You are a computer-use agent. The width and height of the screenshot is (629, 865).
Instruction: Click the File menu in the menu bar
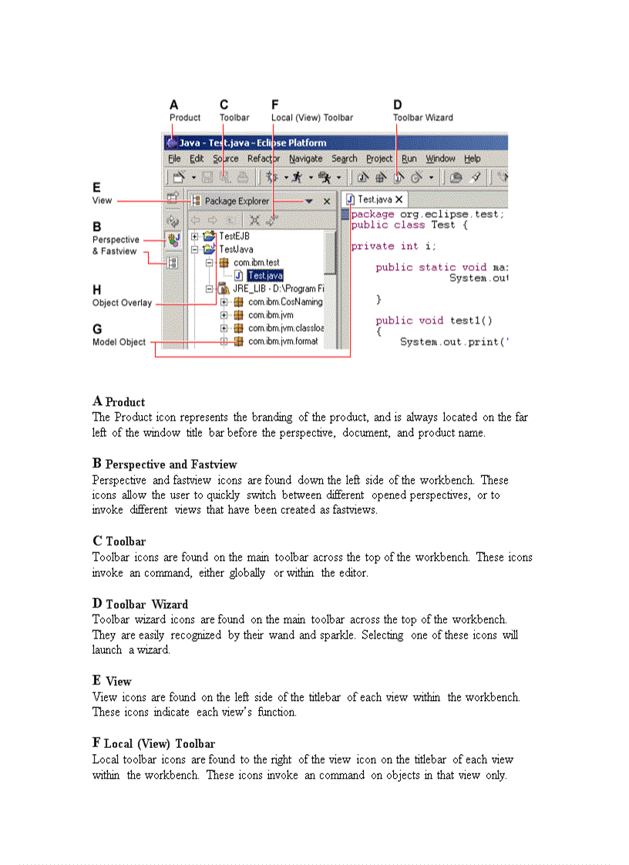click(174, 159)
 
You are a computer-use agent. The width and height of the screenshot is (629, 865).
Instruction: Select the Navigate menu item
click(305, 159)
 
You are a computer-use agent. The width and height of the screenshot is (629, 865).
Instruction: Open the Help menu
click(472, 159)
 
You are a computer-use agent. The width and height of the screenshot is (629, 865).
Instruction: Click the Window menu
click(440, 159)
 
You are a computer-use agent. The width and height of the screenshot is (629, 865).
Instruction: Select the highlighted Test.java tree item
click(265, 276)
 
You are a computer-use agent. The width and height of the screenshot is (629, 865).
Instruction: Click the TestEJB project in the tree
click(234, 236)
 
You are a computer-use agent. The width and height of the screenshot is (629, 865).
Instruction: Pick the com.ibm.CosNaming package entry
click(285, 302)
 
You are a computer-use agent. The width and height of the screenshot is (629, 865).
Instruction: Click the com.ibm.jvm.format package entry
click(282, 341)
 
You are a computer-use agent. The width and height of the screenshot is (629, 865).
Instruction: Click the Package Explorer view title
click(237, 201)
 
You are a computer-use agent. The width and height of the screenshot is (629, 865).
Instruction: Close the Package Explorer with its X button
click(327, 201)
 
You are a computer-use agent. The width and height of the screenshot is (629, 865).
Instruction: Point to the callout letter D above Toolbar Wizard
click(398, 105)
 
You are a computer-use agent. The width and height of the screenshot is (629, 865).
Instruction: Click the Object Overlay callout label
click(122, 303)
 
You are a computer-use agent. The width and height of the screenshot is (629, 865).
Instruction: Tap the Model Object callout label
click(119, 342)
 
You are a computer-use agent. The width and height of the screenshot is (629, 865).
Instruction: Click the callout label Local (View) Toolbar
click(312, 118)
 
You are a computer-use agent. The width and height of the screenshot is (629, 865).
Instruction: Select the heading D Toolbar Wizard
click(140, 604)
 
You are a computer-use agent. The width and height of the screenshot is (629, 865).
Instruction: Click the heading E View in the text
click(112, 681)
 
